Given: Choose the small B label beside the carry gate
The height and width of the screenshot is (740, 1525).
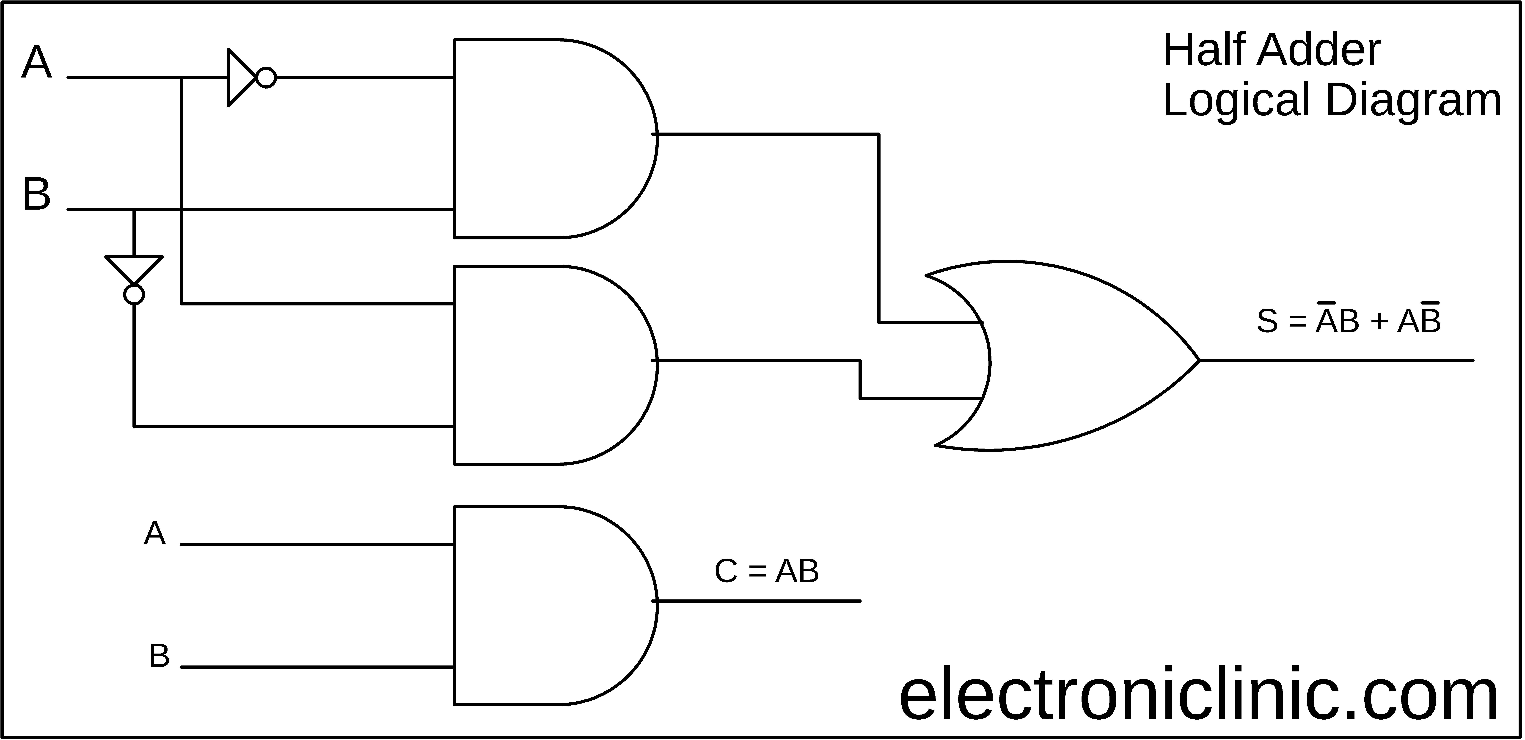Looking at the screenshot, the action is click(159, 656).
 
